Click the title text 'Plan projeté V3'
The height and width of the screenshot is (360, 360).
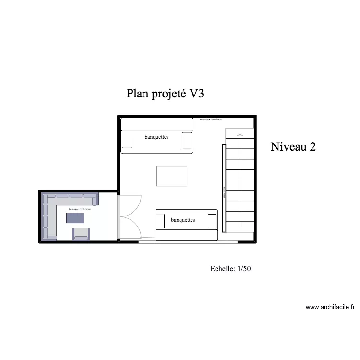[166, 94]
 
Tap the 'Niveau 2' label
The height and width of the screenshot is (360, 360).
[293, 147]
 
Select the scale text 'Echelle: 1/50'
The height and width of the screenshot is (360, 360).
[230, 269]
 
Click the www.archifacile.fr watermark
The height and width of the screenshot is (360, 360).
[330, 307]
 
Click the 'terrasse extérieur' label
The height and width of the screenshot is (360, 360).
[80, 209]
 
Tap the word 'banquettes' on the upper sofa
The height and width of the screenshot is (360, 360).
[156, 137]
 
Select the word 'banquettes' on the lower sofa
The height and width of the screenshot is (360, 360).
[183, 220]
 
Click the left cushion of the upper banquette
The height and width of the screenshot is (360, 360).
[127, 140]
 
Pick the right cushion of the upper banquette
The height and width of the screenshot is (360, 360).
[187, 140]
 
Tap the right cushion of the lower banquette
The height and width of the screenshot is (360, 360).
[212, 221]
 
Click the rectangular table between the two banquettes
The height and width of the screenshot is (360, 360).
[171, 176]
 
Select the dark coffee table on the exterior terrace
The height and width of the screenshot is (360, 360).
[75, 218]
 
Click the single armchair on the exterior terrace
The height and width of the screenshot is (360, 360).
[81, 234]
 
